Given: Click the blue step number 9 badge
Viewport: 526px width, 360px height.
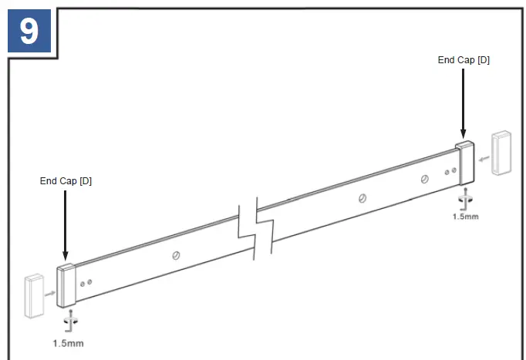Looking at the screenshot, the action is (29, 31).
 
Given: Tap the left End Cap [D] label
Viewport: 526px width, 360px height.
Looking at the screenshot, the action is (66, 180).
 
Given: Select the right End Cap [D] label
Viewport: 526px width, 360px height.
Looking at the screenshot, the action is (464, 60).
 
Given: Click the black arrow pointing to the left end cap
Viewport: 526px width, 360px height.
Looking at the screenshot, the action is (65, 223).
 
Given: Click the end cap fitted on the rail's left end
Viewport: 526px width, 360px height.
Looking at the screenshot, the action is (66, 284).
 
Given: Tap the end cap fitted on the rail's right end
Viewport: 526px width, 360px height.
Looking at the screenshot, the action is (464, 163).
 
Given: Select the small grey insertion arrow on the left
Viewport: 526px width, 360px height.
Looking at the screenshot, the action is (49, 294).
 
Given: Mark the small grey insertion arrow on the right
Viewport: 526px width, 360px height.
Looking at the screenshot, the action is (484, 160).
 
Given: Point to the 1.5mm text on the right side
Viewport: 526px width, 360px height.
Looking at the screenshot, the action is (465, 217).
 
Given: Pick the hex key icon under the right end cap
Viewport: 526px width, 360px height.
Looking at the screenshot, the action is (464, 198).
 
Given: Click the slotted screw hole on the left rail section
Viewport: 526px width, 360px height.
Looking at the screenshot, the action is (177, 255).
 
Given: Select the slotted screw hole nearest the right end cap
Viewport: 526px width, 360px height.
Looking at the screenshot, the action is (425, 179).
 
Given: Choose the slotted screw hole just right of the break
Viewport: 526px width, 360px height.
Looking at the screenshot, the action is (362, 197).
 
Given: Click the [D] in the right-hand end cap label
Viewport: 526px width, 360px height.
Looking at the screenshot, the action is (483, 60).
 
